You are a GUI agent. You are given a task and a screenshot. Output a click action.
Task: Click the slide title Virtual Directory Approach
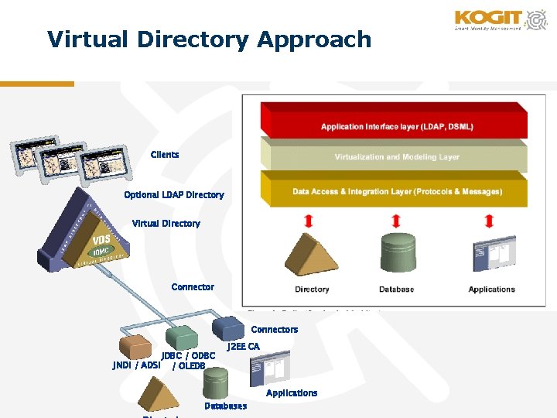pos(209,39)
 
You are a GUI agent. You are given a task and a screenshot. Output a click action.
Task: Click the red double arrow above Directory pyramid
pos(309,221)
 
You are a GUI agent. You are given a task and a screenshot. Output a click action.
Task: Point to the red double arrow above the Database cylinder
pos(397,221)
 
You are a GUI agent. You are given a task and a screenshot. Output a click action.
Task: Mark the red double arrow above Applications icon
pos(488,221)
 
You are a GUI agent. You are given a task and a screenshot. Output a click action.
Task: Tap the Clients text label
pos(165,155)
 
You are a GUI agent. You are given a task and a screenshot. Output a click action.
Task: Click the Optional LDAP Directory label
pos(174,195)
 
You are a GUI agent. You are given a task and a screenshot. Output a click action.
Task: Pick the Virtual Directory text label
pos(166,224)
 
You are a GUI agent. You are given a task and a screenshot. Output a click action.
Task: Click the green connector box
pos(183,336)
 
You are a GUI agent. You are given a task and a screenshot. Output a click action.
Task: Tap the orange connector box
pos(135,345)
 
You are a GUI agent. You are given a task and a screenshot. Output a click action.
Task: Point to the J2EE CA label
pos(243,347)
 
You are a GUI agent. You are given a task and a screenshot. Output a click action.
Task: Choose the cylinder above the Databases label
pos(215,382)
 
